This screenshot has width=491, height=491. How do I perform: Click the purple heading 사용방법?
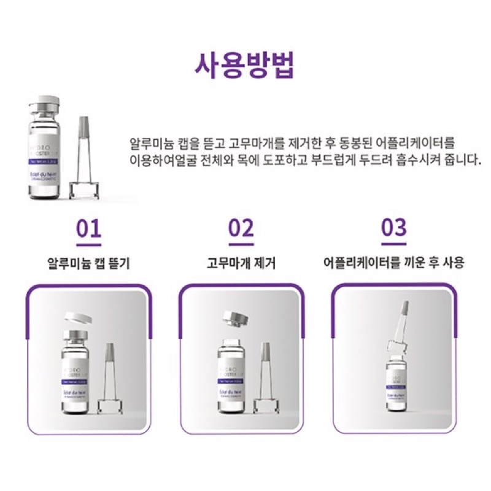[x=245, y=65]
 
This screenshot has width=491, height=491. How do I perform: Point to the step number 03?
[x=393, y=228]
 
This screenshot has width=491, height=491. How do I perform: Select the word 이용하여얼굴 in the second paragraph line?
[x=161, y=161]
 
